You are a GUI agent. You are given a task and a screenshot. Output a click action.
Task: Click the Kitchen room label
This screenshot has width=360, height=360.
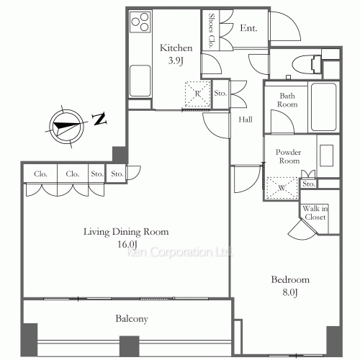[x=176, y=48]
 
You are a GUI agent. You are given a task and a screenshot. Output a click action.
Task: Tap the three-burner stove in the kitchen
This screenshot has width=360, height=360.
[x=140, y=22]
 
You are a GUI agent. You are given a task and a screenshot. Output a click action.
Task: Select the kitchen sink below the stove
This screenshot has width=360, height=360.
[x=140, y=81]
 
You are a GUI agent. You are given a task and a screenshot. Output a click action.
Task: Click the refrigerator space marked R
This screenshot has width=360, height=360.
[x=197, y=94]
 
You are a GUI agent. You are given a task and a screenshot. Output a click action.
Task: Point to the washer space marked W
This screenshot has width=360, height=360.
[x=282, y=188]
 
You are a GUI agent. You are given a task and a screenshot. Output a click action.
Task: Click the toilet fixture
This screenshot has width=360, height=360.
[x=307, y=64]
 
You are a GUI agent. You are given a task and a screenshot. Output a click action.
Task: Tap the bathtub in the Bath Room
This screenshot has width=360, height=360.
[x=323, y=107]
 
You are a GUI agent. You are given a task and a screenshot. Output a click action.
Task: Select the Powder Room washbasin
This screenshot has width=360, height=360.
[x=327, y=156]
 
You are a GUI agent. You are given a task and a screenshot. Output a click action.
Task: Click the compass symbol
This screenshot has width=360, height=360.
[x=66, y=126]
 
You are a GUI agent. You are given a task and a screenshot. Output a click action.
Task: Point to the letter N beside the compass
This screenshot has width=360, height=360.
[x=100, y=119]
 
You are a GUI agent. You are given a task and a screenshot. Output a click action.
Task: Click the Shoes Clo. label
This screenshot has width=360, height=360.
[x=211, y=31]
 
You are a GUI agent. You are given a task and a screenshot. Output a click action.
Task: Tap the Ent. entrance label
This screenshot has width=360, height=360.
[x=248, y=28]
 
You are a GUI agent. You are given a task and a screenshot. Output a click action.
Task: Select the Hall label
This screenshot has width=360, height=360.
[x=246, y=120]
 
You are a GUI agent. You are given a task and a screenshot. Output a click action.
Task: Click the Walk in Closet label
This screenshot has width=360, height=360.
[x=315, y=212]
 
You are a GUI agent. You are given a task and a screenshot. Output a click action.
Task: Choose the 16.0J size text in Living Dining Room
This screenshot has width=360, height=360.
[x=127, y=244]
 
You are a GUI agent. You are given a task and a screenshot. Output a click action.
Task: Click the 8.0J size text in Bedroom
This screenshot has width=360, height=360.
[x=290, y=292]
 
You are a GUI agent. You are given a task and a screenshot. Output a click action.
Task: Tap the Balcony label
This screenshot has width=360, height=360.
[x=132, y=319]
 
